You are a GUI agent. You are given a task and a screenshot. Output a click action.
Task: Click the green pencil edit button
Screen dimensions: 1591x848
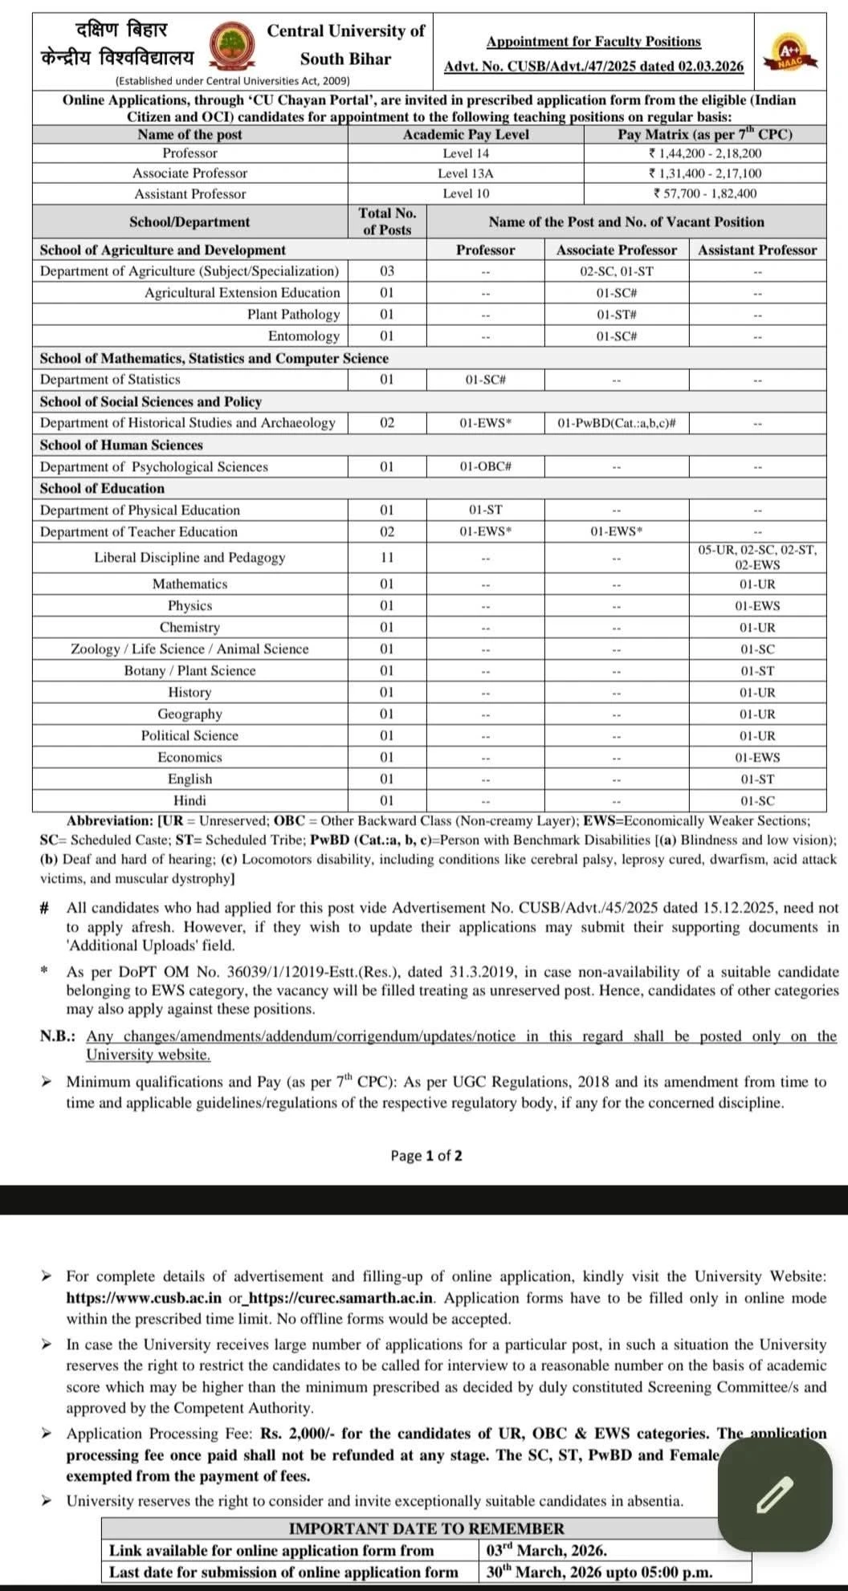[x=774, y=1494]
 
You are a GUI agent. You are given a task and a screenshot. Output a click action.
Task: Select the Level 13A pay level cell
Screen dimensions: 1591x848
[x=466, y=173]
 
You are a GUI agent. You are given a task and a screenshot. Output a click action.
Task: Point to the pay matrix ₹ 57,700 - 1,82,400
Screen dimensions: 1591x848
[x=705, y=193]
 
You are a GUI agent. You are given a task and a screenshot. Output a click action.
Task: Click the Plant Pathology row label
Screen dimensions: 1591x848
[x=293, y=315]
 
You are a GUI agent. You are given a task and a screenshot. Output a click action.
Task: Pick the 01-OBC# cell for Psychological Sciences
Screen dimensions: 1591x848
[x=485, y=466]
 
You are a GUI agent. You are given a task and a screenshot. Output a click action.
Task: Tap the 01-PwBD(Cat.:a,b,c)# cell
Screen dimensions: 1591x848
[x=616, y=423]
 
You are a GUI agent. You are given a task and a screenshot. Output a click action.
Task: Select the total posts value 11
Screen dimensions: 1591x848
[x=387, y=557]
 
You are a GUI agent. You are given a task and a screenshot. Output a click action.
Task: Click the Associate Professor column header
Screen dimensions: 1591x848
[x=616, y=250]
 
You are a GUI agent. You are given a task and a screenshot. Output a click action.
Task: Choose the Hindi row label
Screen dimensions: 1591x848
[x=190, y=800]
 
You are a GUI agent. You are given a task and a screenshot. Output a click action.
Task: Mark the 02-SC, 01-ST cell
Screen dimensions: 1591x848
[x=616, y=271]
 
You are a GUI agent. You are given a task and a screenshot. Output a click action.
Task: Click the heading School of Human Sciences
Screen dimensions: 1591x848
[x=121, y=445]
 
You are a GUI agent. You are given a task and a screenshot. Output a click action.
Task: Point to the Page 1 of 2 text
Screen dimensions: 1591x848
[x=426, y=1156]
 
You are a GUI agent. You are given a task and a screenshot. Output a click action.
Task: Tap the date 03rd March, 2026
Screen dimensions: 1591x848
[x=546, y=1551]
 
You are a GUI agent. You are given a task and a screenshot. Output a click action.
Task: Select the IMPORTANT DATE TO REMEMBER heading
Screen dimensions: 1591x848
[x=426, y=1528]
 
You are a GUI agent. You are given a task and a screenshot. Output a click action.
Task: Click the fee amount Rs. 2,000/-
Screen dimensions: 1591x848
[x=293, y=1434]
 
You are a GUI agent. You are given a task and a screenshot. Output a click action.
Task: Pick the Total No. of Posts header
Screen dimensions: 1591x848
[x=387, y=222]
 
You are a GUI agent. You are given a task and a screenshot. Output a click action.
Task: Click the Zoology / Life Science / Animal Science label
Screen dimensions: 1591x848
[x=190, y=649]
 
